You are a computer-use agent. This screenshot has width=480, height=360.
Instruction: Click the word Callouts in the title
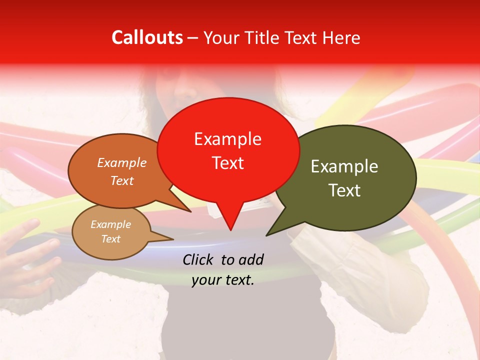click(x=147, y=37)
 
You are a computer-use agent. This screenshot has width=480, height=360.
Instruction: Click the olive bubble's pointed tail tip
click(x=266, y=235)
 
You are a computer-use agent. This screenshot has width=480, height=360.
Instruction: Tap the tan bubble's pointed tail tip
click(x=173, y=239)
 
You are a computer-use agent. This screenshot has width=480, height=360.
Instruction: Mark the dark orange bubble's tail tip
click(x=190, y=211)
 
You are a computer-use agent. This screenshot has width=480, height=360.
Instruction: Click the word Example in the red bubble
click(x=227, y=139)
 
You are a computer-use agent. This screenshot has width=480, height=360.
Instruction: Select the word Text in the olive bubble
click(x=345, y=190)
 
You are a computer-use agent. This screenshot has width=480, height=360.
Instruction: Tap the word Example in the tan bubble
click(x=110, y=224)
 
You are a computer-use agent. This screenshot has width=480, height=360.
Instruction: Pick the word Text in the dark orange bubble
click(x=122, y=181)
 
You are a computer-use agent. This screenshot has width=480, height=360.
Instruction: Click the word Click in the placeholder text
click(x=199, y=259)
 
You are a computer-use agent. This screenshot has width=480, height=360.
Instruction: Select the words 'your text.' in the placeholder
click(x=223, y=280)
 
